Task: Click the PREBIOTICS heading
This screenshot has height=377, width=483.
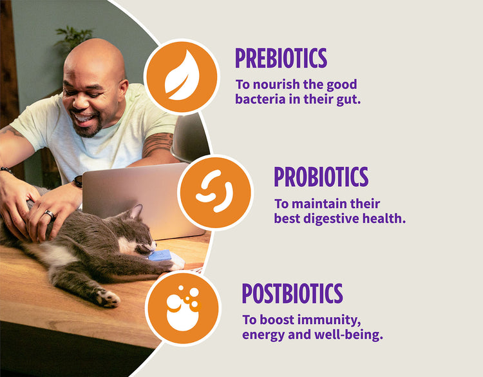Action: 281,58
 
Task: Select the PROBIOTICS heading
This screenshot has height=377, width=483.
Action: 321,177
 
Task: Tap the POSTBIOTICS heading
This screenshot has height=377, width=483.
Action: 292,293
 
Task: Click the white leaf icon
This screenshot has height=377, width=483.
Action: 182,75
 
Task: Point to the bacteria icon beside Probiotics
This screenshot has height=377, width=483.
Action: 214,192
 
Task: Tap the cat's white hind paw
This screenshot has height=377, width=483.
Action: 108,298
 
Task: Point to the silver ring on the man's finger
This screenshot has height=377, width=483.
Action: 50,213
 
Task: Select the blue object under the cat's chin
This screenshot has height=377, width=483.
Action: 160,255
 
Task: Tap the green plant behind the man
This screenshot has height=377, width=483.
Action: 74,37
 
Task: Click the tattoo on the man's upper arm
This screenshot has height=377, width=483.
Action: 158,144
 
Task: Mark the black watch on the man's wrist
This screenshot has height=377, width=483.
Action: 78,181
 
